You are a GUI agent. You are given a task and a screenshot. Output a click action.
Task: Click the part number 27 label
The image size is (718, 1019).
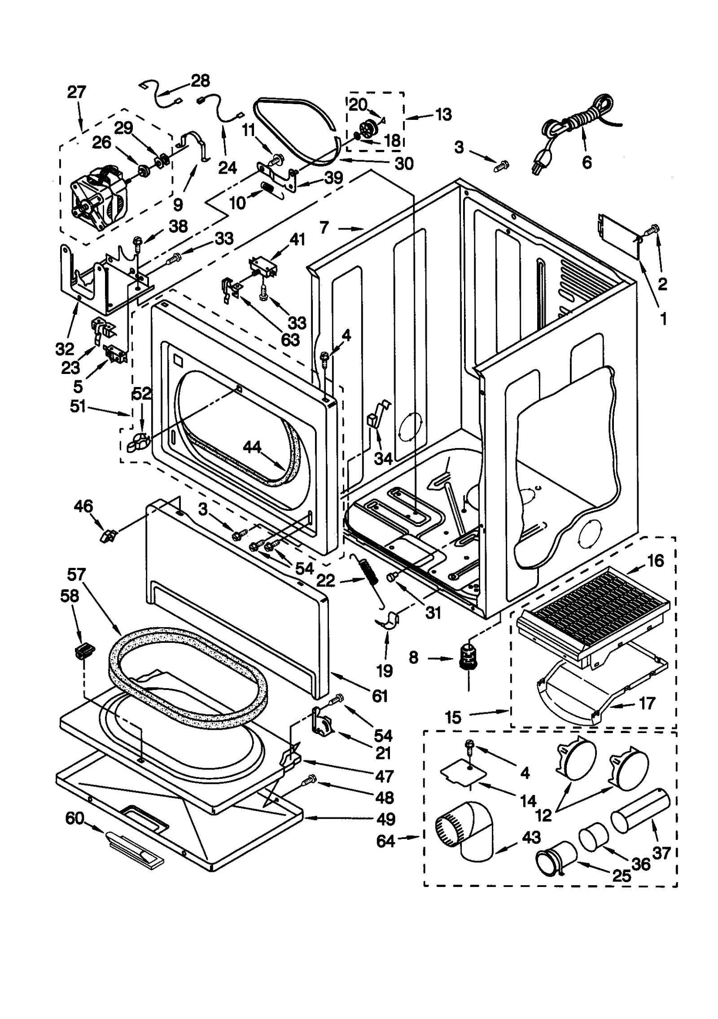click(76, 92)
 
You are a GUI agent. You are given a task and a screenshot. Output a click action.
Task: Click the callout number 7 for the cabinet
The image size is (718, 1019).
click(325, 228)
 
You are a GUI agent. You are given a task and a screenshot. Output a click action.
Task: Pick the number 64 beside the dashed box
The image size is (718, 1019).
click(385, 840)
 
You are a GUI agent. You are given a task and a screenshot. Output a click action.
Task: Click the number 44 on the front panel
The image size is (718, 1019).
click(252, 447)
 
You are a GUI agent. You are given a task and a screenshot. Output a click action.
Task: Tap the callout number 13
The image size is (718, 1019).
click(443, 114)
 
